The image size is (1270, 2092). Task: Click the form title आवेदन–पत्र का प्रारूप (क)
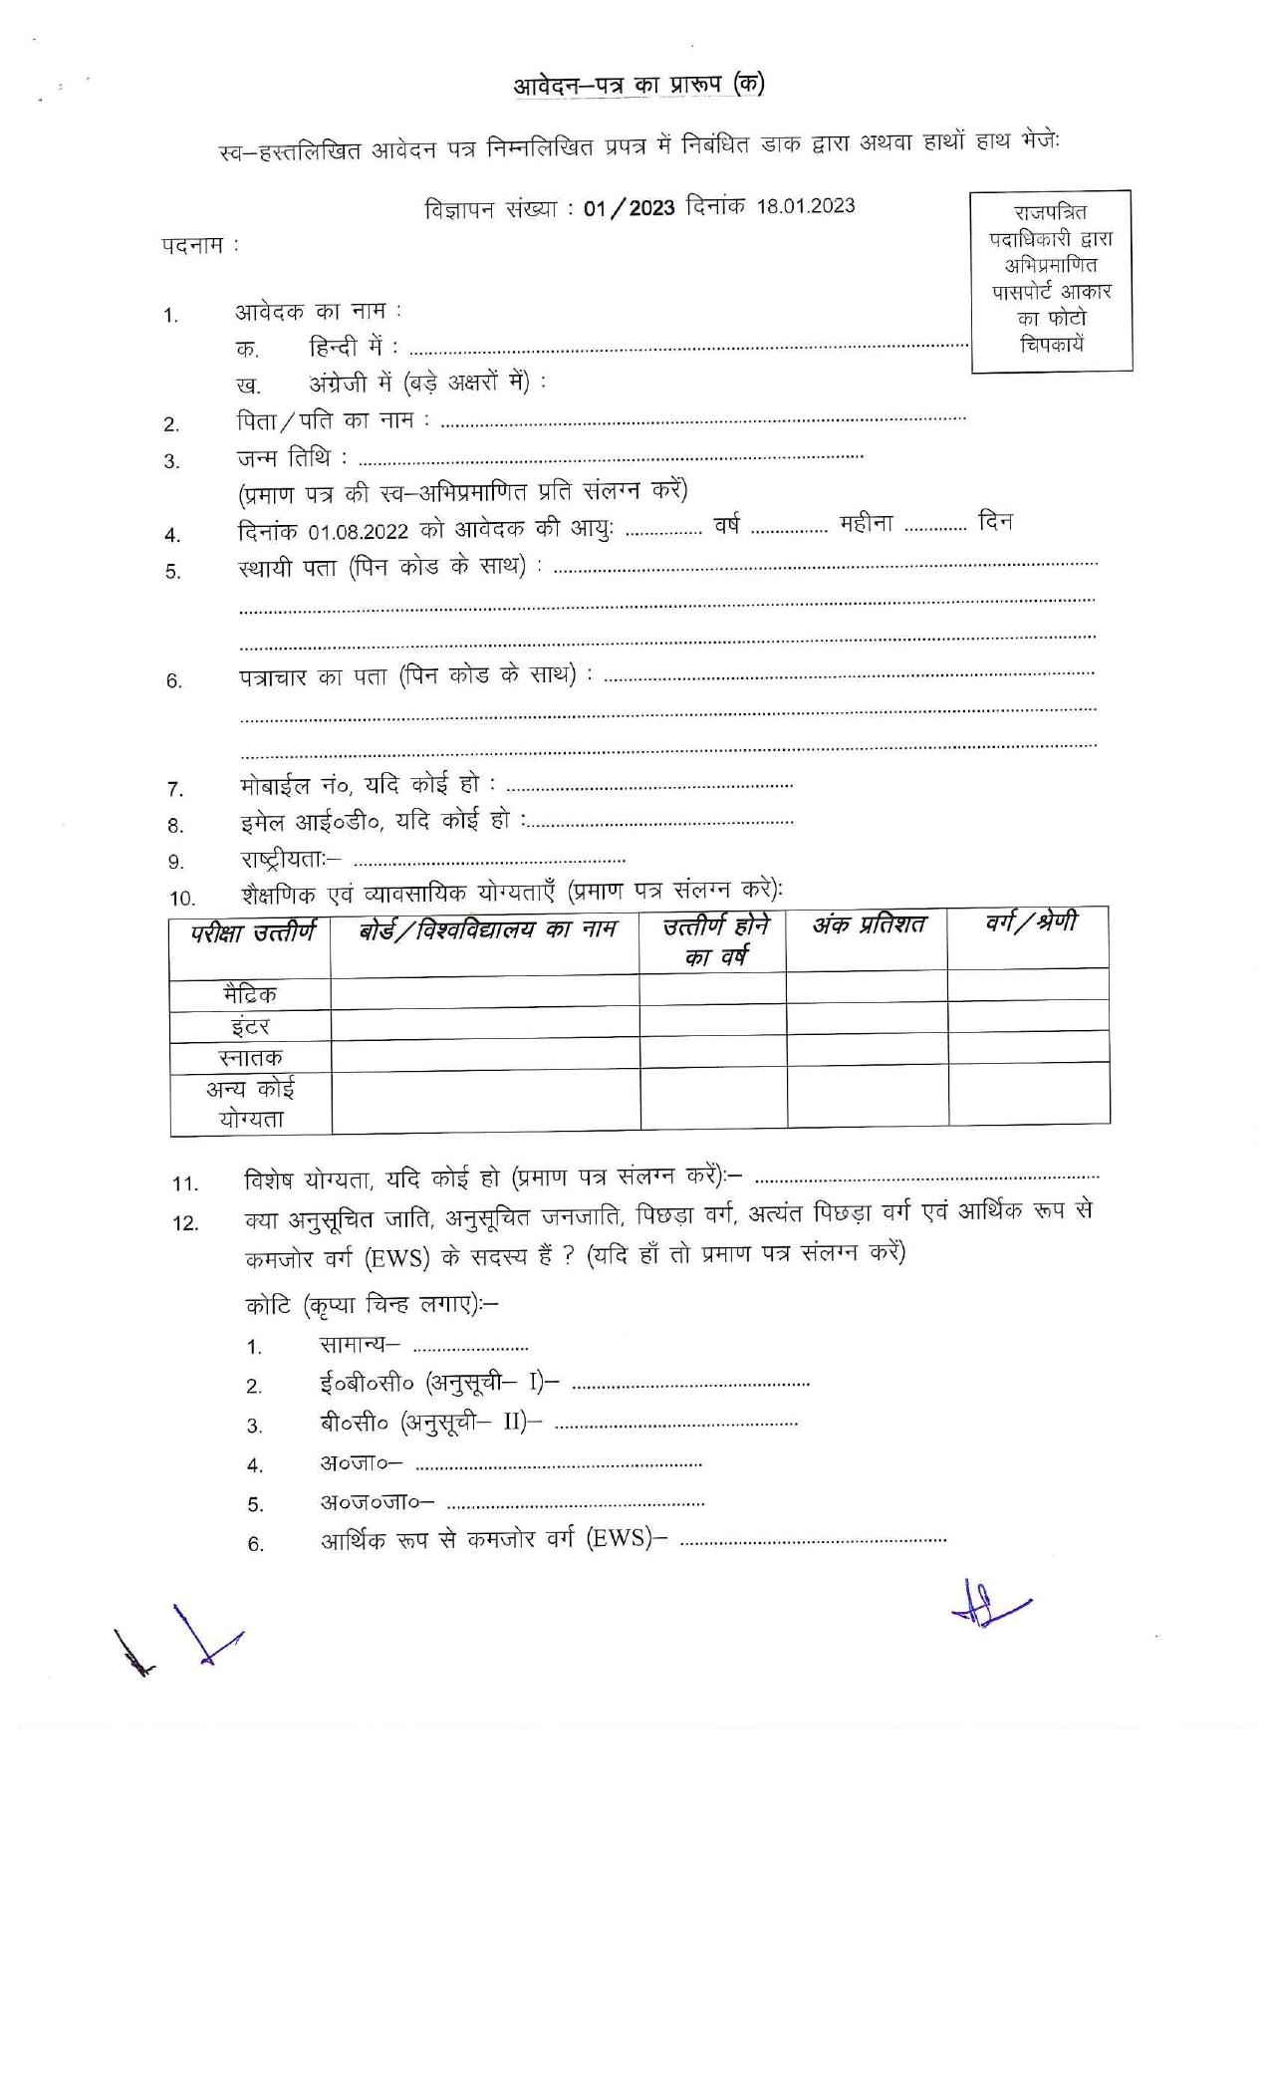tap(638, 86)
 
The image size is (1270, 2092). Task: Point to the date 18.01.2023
tap(805, 206)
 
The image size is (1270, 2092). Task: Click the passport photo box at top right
tap(1051, 281)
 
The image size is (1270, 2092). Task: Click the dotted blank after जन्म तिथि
tap(610, 458)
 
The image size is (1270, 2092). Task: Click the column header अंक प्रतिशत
tap(866, 926)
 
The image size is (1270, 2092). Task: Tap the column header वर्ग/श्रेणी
tap(1028, 923)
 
